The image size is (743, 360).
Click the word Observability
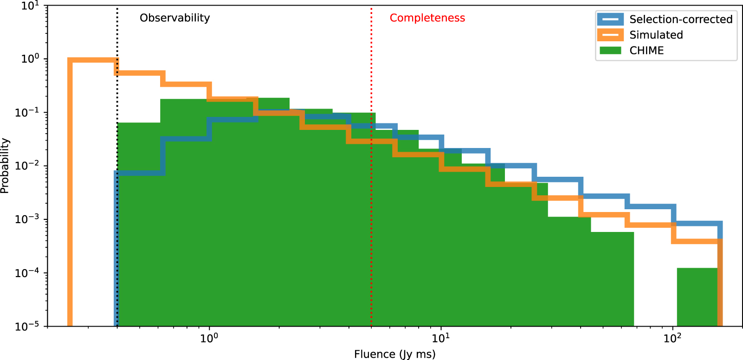(x=174, y=18)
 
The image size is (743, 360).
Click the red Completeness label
(x=427, y=18)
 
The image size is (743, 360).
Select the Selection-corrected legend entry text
(x=680, y=19)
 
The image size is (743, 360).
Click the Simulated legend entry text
(x=656, y=35)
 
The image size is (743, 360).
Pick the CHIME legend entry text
(x=646, y=51)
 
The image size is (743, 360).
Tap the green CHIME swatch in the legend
(x=610, y=51)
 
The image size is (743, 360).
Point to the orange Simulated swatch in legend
(x=610, y=35)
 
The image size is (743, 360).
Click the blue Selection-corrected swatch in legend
(x=610, y=19)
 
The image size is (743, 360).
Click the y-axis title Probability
(x=5, y=166)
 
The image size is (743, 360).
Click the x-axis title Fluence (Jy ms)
(x=394, y=354)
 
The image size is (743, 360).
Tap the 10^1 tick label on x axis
(x=440, y=338)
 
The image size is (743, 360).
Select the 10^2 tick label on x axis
(x=672, y=338)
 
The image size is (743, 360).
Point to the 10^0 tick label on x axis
(x=209, y=338)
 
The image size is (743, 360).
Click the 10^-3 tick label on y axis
(x=27, y=219)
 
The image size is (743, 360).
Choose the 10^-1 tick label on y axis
(x=27, y=112)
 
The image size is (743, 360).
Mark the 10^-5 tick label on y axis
(x=27, y=326)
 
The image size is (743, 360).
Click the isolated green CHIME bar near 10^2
(x=697, y=297)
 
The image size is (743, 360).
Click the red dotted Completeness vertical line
(x=371, y=232)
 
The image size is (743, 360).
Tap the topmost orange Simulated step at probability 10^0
(x=93, y=60)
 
